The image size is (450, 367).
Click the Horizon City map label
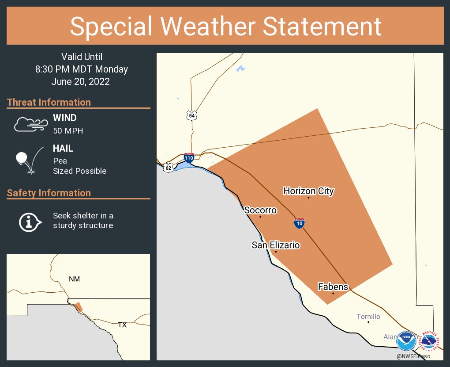pos(308,191)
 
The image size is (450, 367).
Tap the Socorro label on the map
pos(260,210)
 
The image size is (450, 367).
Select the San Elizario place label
pos(276,245)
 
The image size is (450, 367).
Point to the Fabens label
pos(333,287)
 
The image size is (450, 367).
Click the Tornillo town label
pos(368,317)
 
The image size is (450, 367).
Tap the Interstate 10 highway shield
pos(299,223)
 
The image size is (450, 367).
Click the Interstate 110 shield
pos(189,158)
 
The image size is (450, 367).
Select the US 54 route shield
pos(191,115)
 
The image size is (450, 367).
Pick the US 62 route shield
pos(168,168)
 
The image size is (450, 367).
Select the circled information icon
pos(30,221)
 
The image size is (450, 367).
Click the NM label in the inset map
pos(74,279)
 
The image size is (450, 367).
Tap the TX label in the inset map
pos(122,325)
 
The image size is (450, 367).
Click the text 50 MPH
pos(68,131)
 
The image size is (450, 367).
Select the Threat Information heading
pos(49,102)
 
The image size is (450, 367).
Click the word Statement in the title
pos(322,26)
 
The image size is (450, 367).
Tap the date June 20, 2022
pos(80,82)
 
